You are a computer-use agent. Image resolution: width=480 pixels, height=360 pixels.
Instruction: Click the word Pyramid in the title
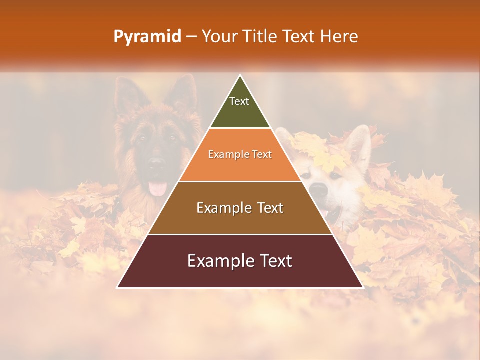(x=147, y=36)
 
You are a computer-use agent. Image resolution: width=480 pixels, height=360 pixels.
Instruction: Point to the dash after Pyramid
(x=191, y=37)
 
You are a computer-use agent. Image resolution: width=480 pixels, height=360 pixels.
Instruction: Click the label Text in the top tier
(x=239, y=101)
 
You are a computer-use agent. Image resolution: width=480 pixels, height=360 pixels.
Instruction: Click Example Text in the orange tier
(x=240, y=154)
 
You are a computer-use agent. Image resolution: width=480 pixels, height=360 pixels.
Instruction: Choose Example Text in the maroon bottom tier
(x=240, y=261)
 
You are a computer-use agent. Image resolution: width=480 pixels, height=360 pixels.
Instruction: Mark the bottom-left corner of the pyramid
(x=117, y=287)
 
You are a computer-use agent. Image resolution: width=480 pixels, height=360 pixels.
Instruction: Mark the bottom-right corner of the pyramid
(x=363, y=287)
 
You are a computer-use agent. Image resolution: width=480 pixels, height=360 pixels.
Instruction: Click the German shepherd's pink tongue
(x=158, y=188)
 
